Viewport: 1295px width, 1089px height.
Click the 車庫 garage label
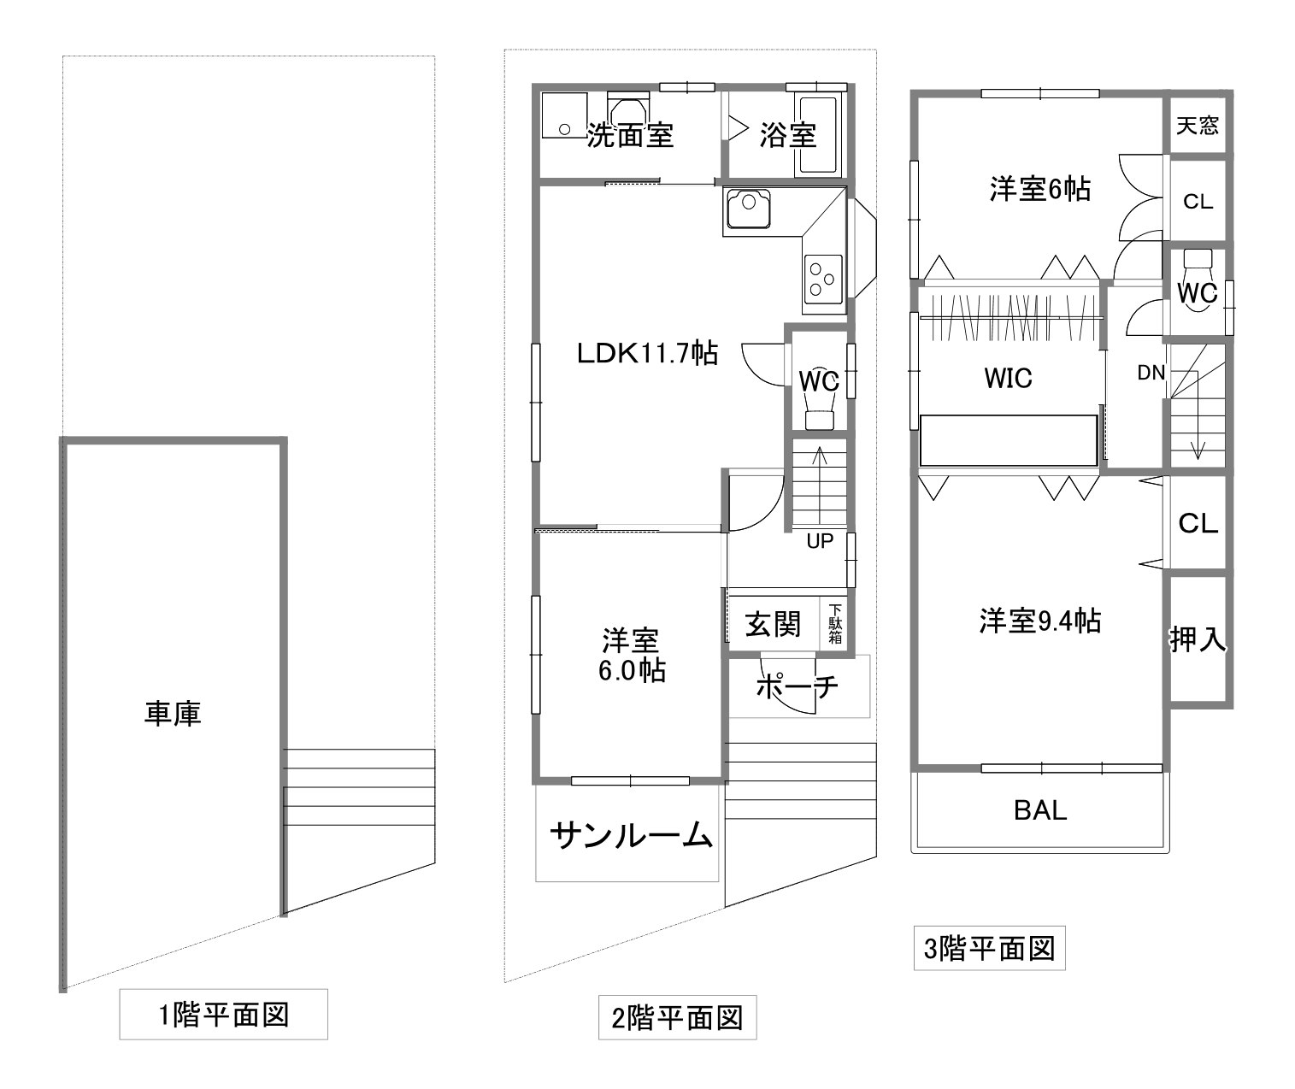coord(173,714)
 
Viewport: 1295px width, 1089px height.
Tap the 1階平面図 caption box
coord(223,1015)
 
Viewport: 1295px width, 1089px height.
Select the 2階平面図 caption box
coord(677,1018)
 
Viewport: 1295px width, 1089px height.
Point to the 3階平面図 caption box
coord(989,948)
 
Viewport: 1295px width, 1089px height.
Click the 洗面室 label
coord(630,134)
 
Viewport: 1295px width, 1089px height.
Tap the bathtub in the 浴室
coord(818,134)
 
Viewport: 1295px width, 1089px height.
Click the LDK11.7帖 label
coord(648,354)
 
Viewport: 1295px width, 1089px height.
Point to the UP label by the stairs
coord(820,541)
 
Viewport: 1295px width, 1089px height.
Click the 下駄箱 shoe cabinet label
coord(835,623)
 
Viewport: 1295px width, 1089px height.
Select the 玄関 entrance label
coord(773,624)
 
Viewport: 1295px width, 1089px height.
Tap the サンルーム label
coord(631,835)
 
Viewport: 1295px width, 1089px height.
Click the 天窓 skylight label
coord(1197,126)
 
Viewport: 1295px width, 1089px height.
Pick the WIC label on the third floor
coord(1008,378)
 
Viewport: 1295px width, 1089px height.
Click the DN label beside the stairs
coord(1151,372)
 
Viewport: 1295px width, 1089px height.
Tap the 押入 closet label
coord(1198,639)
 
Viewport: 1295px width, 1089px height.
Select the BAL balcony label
coord(1040,810)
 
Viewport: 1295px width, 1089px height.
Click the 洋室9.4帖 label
coord(1040,621)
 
